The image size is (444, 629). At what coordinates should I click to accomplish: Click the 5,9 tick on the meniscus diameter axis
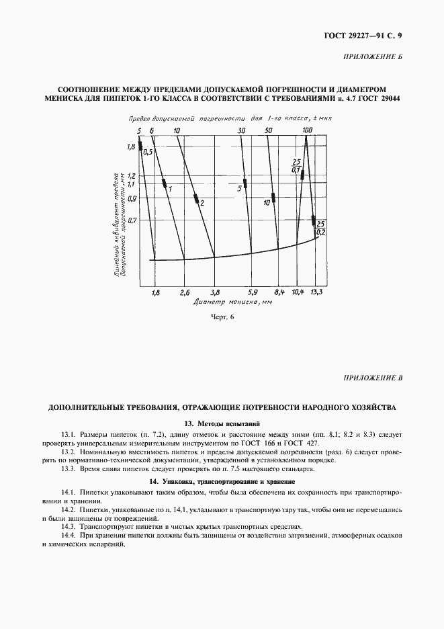pyautogui.click(x=253, y=292)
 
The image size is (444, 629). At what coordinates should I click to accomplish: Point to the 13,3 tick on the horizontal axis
pyautogui.click(x=316, y=292)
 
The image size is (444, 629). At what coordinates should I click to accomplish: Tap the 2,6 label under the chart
pyautogui.click(x=185, y=292)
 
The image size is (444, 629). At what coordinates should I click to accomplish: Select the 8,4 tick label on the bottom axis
pyautogui.click(x=280, y=292)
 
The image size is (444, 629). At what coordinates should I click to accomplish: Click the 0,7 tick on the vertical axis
pyautogui.click(x=131, y=220)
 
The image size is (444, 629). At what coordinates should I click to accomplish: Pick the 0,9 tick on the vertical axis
pyautogui.click(x=131, y=198)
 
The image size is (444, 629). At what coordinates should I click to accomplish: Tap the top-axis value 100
pyautogui.click(x=307, y=130)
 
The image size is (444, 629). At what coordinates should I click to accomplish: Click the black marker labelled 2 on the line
pyautogui.click(x=195, y=198)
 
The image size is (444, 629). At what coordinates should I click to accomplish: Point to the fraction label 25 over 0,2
pyautogui.click(x=320, y=227)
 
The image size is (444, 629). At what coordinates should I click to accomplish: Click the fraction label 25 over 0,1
pyautogui.click(x=295, y=165)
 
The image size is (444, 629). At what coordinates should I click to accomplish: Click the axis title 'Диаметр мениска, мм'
pyautogui.click(x=223, y=302)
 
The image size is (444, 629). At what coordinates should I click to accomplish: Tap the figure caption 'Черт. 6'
pyautogui.click(x=222, y=318)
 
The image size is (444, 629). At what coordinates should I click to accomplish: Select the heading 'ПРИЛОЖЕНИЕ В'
pyautogui.click(x=373, y=378)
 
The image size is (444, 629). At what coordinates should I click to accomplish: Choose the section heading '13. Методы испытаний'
pyautogui.click(x=222, y=423)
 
